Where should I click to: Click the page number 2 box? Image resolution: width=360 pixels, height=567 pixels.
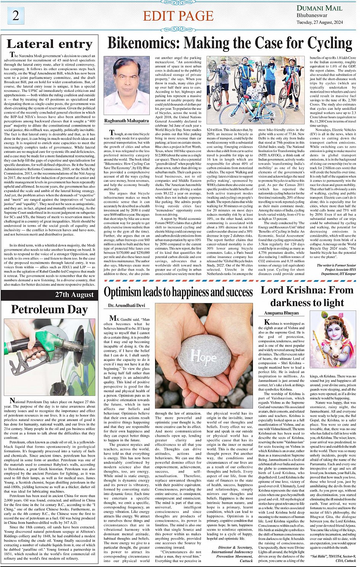[x=16, y=16]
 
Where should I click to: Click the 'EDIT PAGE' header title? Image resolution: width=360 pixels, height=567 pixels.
[x=178, y=16]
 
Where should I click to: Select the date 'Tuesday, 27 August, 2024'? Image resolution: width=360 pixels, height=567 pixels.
[x=320, y=22]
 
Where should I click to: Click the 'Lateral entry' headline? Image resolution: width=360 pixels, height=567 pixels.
[x=50, y=44]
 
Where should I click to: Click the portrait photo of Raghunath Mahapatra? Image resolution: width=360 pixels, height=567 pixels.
[x=126, y=86]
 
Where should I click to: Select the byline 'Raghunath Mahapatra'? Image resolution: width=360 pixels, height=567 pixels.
[x=126, y=121]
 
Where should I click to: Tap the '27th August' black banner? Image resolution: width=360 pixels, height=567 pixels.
[x=74, y=295]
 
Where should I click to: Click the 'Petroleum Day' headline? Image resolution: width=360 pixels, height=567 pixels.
[x=50, y=309]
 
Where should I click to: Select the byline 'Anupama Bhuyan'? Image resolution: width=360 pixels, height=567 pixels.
[x=282, y=313]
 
